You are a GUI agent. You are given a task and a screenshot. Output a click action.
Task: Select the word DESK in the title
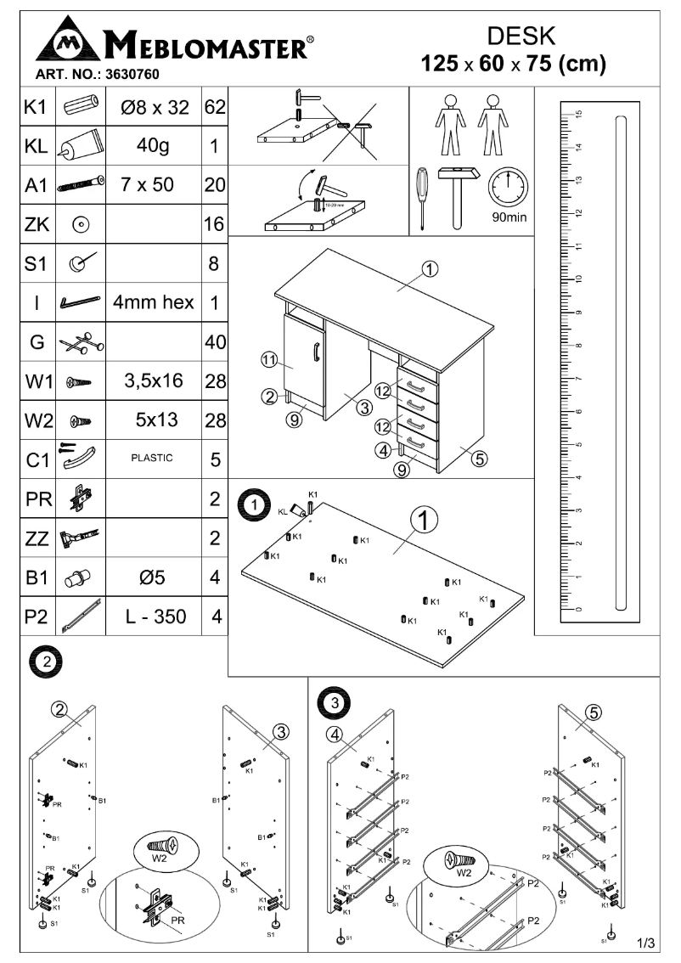(522, 35)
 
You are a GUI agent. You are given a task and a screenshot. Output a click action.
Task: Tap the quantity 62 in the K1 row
(214, 109)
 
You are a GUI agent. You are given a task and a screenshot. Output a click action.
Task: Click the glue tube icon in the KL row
(80, 145)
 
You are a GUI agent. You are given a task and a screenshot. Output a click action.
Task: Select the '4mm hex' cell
(152, 301)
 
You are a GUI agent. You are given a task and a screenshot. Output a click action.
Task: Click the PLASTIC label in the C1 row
(152, 458)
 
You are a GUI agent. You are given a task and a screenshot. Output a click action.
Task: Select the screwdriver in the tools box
(421, 197)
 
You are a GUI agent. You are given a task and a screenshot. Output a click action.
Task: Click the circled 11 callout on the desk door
(269, 361)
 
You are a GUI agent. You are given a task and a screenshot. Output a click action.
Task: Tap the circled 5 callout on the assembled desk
(479, 459)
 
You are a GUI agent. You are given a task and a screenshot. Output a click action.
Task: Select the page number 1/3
(645, 943)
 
